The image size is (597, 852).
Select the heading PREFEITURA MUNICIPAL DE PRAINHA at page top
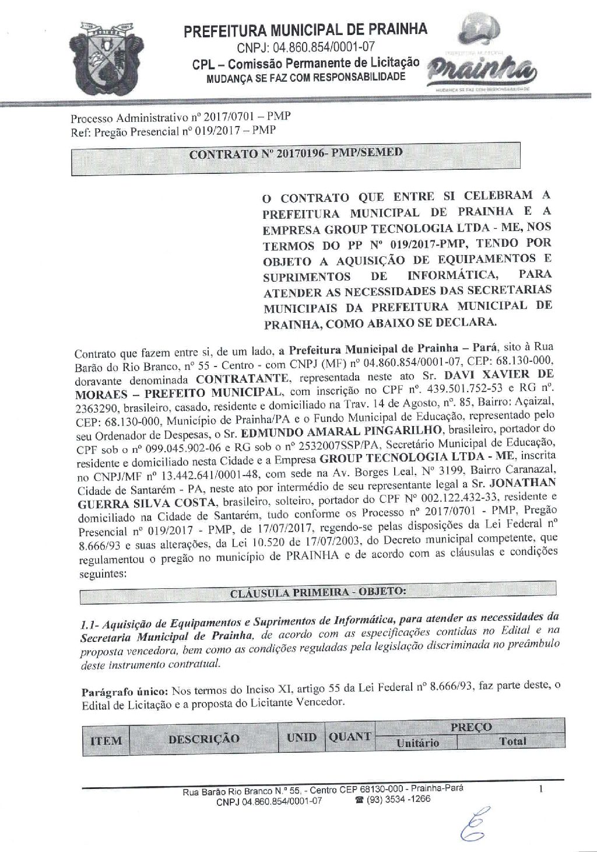305,30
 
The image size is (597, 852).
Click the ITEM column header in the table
106,741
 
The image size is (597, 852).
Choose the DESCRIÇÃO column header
203,739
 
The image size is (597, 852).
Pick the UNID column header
301,737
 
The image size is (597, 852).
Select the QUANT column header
349,736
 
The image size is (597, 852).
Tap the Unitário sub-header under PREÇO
417,743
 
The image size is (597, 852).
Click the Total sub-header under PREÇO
512,742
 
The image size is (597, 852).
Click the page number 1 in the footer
542,790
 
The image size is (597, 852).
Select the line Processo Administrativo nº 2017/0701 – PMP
180,117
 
